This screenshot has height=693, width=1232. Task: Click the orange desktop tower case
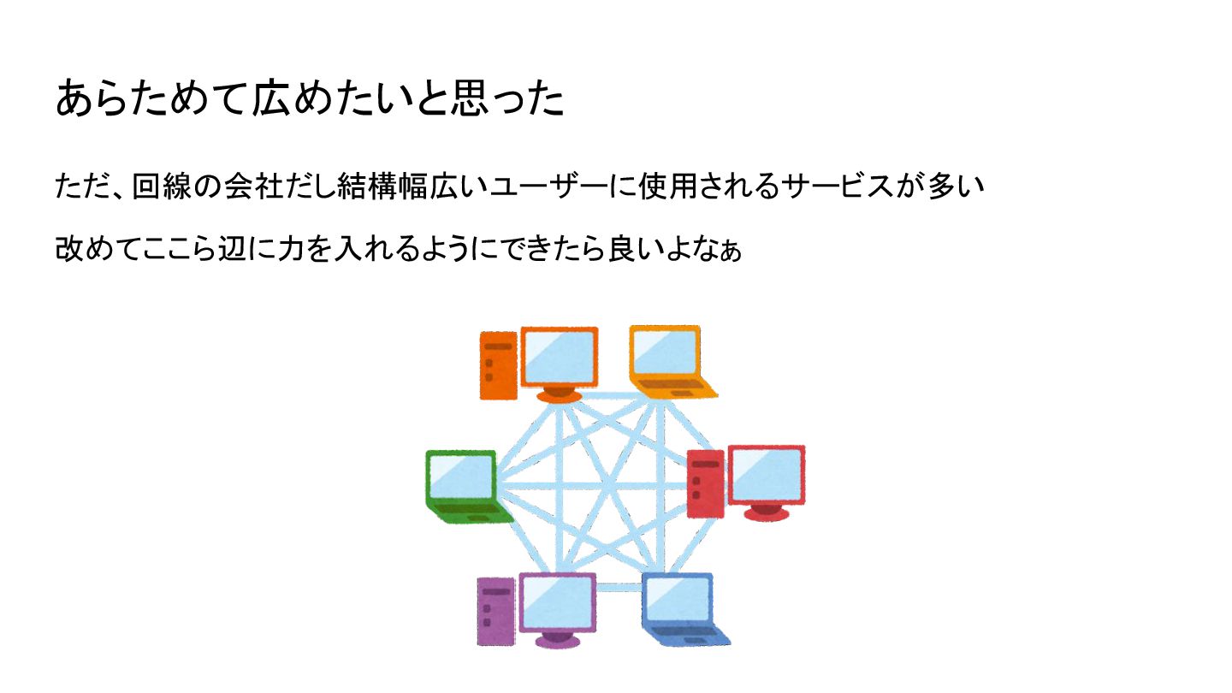(498, 365)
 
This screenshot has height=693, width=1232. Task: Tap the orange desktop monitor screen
(559, 357)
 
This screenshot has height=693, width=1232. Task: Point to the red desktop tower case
(706, 484)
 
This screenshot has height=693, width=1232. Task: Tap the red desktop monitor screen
(766, 474)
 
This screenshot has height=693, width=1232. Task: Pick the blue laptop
(683, 609)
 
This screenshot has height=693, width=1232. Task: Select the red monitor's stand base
(766, 512)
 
